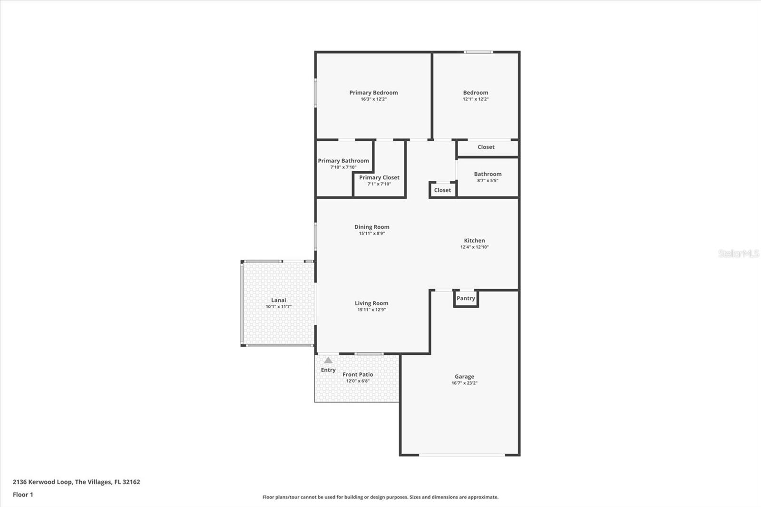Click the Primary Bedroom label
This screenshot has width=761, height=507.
(x=373, y=93)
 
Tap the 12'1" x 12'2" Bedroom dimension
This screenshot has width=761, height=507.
(x=476, y=99)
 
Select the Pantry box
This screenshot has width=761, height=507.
(x=466, y=299)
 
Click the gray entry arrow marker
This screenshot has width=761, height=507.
(x=328, y=360)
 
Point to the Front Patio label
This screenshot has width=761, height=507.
(x=358, y=375)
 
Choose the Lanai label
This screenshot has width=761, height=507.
(x=279, y=300)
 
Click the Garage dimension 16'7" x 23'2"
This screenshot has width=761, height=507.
(x=464, y=383)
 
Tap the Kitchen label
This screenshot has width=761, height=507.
(x=474, y=241)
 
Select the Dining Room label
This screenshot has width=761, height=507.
(x=371, y=227)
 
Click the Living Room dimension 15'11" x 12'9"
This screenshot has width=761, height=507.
(x=371, y=310)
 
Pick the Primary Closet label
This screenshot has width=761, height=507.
(x=379, y=177)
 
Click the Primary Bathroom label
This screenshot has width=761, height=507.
(x=343, y=161)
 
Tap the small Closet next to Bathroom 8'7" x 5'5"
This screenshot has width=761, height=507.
(x=442, y=190)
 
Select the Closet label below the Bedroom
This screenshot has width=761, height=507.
(x=486, y=147)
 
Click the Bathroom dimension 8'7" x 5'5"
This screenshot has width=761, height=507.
(x=488, y=181)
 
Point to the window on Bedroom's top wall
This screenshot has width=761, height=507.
(x=478, y=52)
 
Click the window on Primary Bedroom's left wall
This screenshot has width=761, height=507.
(x=315, y=93)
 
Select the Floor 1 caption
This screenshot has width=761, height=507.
(x=23, y=495)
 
